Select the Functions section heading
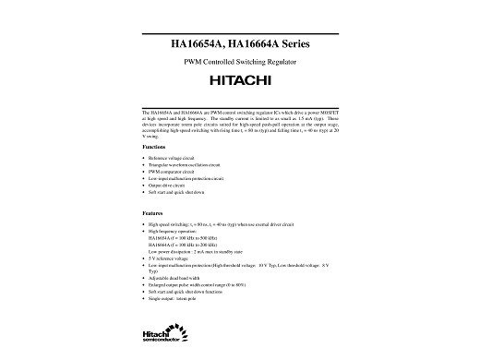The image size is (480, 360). point(154,148)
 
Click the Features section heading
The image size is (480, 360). point(153,213)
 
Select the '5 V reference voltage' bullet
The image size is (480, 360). point(170,258)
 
